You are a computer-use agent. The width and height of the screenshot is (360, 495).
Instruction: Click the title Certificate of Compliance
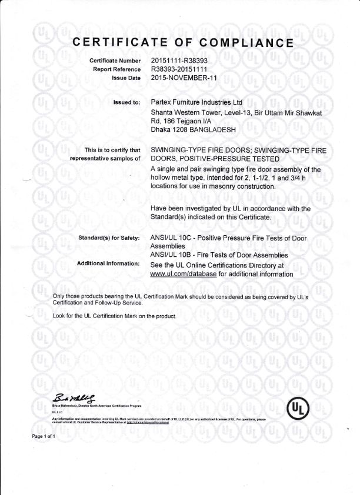click(182, 42)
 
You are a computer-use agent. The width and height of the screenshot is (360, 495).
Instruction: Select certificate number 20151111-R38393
click(179, 61)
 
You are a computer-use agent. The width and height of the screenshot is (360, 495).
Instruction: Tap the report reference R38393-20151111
click(179, 69)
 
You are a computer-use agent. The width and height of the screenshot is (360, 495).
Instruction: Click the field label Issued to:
click(126, 103)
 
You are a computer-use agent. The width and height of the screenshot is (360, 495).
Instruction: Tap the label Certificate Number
click(115, 61)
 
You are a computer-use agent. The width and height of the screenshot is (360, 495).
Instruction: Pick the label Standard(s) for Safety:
click(109, 238)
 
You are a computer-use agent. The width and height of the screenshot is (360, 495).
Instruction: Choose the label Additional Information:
click(108, 263)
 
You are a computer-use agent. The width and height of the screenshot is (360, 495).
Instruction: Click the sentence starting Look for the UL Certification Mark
click(115, 316)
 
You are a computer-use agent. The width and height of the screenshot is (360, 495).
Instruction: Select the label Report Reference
click(116, 69)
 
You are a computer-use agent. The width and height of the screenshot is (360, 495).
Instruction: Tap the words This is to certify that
click(112, 150)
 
